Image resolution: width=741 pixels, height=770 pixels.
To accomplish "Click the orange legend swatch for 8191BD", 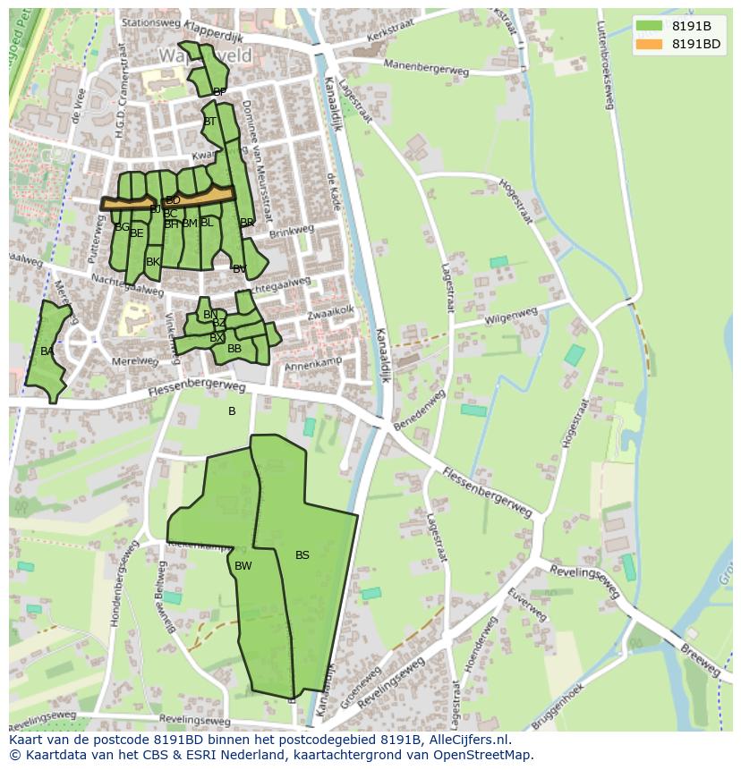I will (x=649, y=44).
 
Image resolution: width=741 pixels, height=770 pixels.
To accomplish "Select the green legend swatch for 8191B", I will (x=649, y=26).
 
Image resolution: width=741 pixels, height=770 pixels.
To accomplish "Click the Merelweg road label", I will (x=134, y=361).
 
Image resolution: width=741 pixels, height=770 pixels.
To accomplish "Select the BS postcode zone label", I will (x=302, y=555).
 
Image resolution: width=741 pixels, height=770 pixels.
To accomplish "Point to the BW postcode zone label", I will (x=243, y=566).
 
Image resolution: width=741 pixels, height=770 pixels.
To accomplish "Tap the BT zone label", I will (x=209, y=122).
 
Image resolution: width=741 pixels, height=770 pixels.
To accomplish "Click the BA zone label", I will (x=47, y=351).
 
